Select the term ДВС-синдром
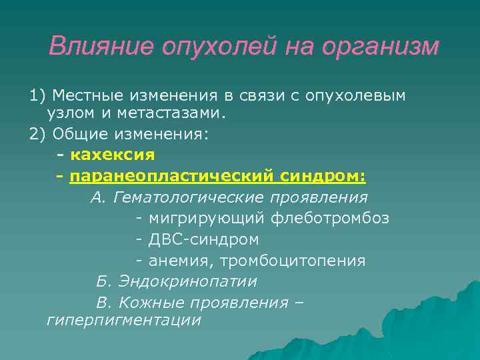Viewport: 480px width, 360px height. [x=203, y=239]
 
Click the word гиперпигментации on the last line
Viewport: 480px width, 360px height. [x=123, y=321]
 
